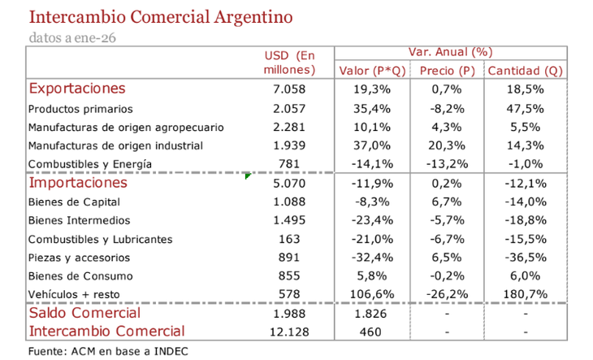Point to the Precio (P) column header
tap(448, 71)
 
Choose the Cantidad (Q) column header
tap(525, 71)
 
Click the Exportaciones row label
tap(77, 89)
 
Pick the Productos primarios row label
tap(80, 108)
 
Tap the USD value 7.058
tap(288, 89)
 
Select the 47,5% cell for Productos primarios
tap(525, 108)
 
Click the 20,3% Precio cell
tap(448, 145)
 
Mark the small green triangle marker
tap(248, 175)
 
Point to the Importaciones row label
tap(78, 183)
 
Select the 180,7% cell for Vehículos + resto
tap(525, 295)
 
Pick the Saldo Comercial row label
tap(84, 313)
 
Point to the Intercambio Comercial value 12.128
tap(288, 332)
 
